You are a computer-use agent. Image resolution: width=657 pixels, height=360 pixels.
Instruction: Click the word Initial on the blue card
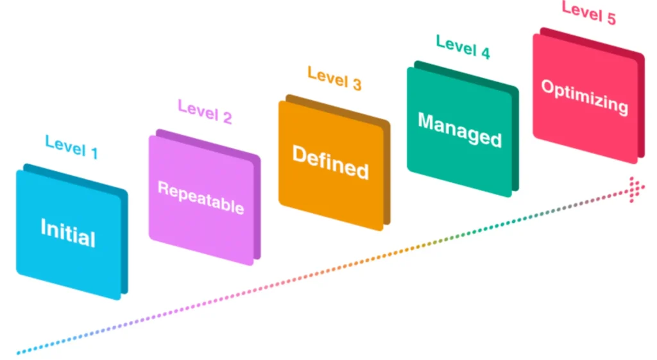[67, 232]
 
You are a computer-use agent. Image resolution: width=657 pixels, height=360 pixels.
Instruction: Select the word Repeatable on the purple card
[201, 198]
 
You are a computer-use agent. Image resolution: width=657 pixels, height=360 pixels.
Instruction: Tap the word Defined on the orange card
[330, 162]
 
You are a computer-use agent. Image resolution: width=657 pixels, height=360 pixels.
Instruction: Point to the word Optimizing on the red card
[584, 96]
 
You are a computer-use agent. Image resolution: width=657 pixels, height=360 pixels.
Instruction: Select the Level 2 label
[205, 112]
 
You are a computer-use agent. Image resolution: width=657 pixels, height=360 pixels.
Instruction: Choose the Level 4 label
[463, 47]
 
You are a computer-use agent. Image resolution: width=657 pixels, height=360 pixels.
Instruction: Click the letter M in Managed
[425, 120]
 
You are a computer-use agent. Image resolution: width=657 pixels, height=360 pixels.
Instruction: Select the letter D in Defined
[300, 154]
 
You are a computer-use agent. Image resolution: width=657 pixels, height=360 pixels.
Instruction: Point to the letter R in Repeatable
[162, 189]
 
